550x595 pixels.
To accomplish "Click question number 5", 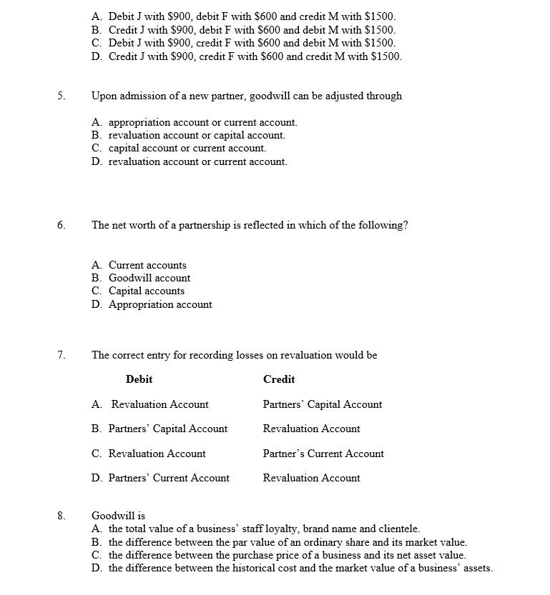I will tap(61, 96).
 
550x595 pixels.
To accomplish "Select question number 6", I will tap(61, 225).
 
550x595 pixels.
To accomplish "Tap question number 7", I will tap(61, 355).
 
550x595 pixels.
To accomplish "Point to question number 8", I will tap(61, 515).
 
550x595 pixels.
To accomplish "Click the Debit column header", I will tap(139, 379).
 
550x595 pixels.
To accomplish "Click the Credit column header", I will tap(279, 379).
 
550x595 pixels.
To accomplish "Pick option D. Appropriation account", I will tap(152, 304).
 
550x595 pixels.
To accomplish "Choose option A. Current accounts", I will tap(139, 265).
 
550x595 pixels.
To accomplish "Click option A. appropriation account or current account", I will tap(195, 122).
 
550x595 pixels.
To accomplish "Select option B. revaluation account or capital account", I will tap(188, 135).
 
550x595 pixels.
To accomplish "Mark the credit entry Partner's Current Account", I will tap(323, 454).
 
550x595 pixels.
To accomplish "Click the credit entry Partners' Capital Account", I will tap(323, 404).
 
